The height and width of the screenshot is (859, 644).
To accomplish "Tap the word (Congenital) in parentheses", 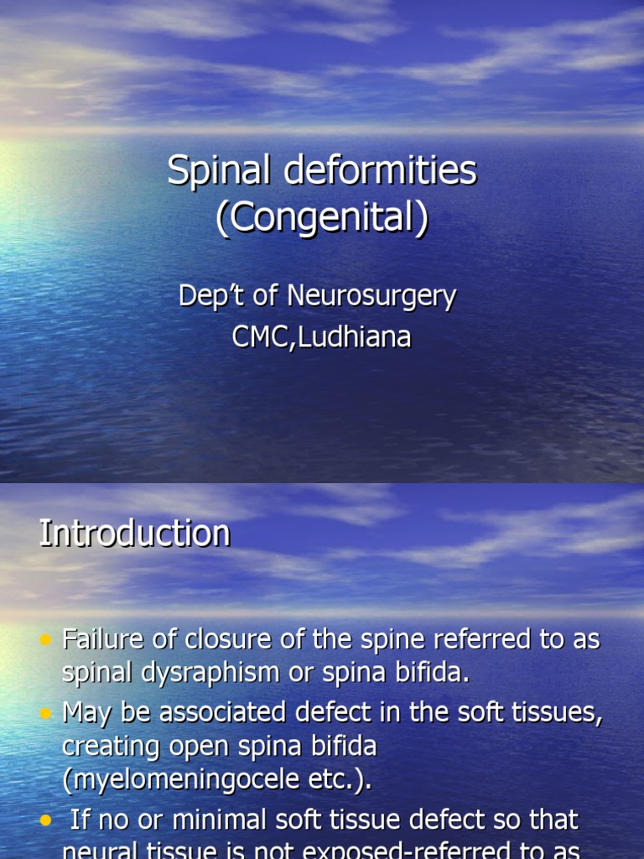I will tap(322, 218).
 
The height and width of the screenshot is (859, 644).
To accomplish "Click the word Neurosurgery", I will tap(371, 296).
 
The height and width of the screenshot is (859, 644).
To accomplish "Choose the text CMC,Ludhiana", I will tap(322, 337).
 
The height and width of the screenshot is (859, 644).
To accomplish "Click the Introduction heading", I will tap(134, 534).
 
